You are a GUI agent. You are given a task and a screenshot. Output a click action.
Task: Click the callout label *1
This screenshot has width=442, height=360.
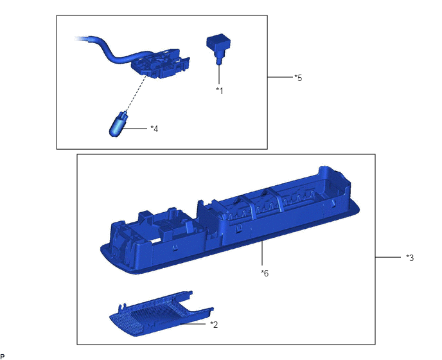click(219, 91)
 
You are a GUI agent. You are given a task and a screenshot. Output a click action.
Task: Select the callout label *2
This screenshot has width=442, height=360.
click(214, 325)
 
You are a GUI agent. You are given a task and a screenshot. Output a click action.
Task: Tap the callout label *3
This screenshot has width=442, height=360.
click(410, 258)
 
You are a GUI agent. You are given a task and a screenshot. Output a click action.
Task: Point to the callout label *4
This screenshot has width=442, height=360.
click(154, 129)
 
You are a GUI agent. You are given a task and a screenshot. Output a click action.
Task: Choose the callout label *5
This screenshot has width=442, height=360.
click(298, 78)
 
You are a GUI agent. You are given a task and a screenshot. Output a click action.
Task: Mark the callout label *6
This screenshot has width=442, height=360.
click(265, 273)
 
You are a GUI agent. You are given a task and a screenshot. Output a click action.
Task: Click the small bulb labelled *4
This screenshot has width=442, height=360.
click(118, 125)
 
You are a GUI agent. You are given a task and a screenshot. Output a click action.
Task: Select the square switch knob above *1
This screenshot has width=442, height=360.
click(218, 47)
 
